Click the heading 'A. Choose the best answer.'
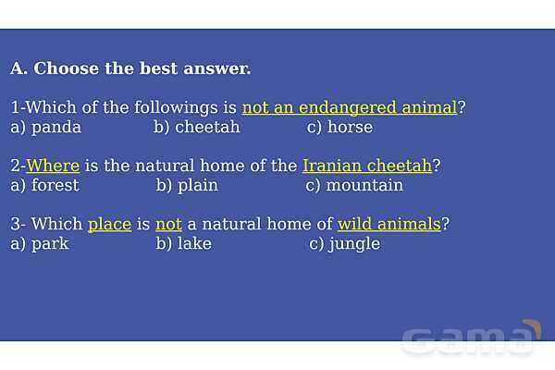(x=130, y=68)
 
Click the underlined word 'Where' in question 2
(x=53, y=166)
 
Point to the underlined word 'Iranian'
(x=332, y=166)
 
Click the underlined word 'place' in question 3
(x=110, y=225)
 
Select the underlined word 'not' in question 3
(x=169, y=225)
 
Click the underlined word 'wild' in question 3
(x=354, y=224)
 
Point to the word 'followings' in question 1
(x=176, y=107)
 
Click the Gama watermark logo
(x=471, y=339)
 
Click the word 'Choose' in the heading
(x=67, y=68)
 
